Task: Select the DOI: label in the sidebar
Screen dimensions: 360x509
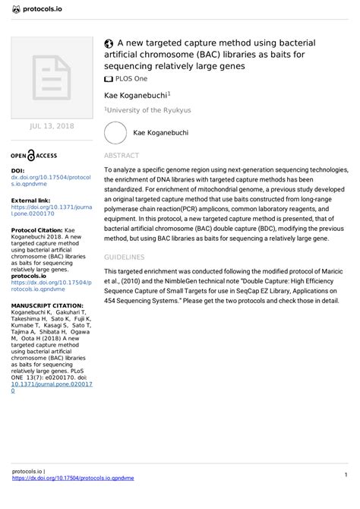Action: click(18, 171)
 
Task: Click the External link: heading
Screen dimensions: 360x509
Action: click(31, 200)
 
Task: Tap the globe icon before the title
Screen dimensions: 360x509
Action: click(109, 43)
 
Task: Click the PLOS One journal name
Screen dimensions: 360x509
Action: click(132, 78)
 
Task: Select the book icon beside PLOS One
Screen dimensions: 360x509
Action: click(109, 78)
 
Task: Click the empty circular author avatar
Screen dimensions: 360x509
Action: click(115, 133)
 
